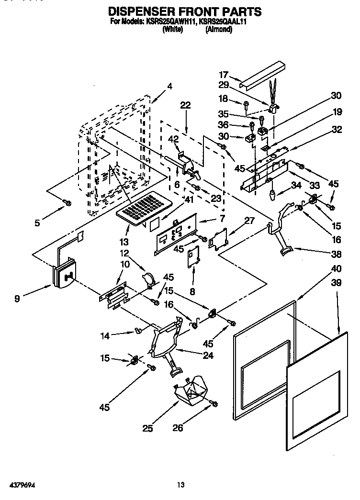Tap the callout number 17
[224, 75]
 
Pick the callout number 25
[148, 429]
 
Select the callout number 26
[178, 428]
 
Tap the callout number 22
[185, 105]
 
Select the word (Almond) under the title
[218, 29]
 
